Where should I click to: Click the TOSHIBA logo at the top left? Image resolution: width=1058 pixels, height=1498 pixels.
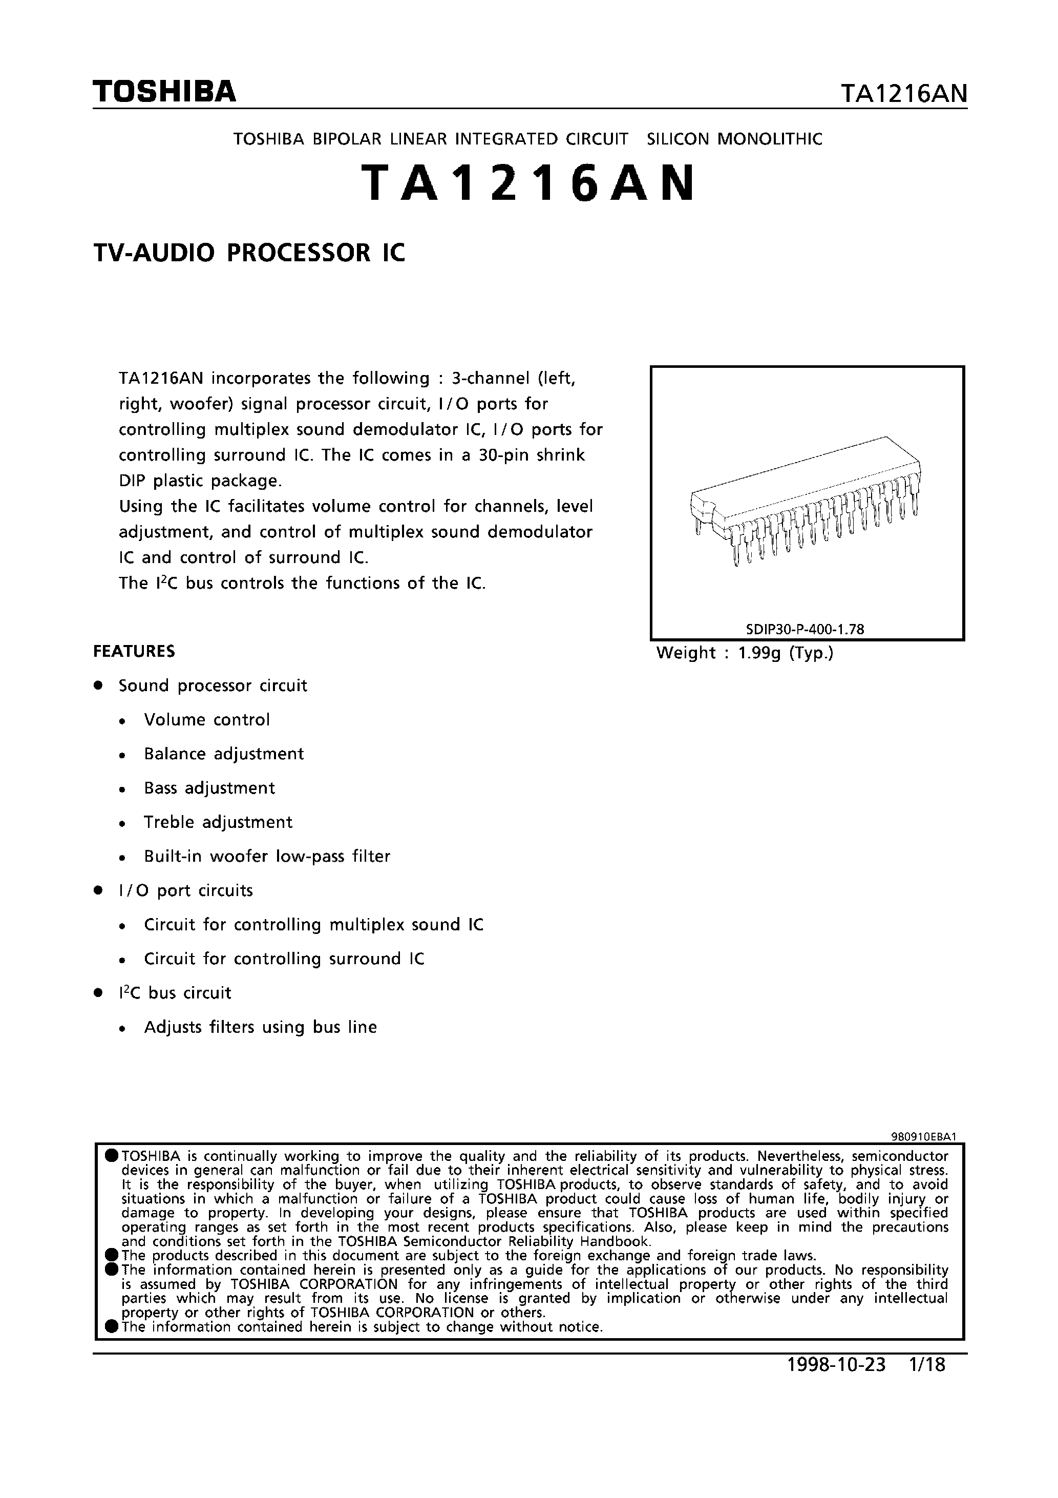pyautogui.click(x=164, y=92)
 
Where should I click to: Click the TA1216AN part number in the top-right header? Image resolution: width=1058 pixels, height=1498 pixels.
pyautogui.click(x=903, y=95)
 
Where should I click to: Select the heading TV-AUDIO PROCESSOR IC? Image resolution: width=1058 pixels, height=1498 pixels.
pyautogui.click(x=249, y=253)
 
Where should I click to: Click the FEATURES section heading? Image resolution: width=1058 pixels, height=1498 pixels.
pyautogui.click(x=134, y=651)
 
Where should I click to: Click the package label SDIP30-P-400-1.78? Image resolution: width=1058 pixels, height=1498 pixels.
pyautogui.click(x=805, y=629)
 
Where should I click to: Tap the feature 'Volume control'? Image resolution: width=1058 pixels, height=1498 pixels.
pyautogui.click(x=207, y=720)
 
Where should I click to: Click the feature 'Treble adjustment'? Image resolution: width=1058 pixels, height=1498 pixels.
pyautogui.click(x=218, y=822)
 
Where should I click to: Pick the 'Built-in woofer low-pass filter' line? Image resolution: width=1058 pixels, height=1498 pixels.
pyautogui.click(x=267, y=856)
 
